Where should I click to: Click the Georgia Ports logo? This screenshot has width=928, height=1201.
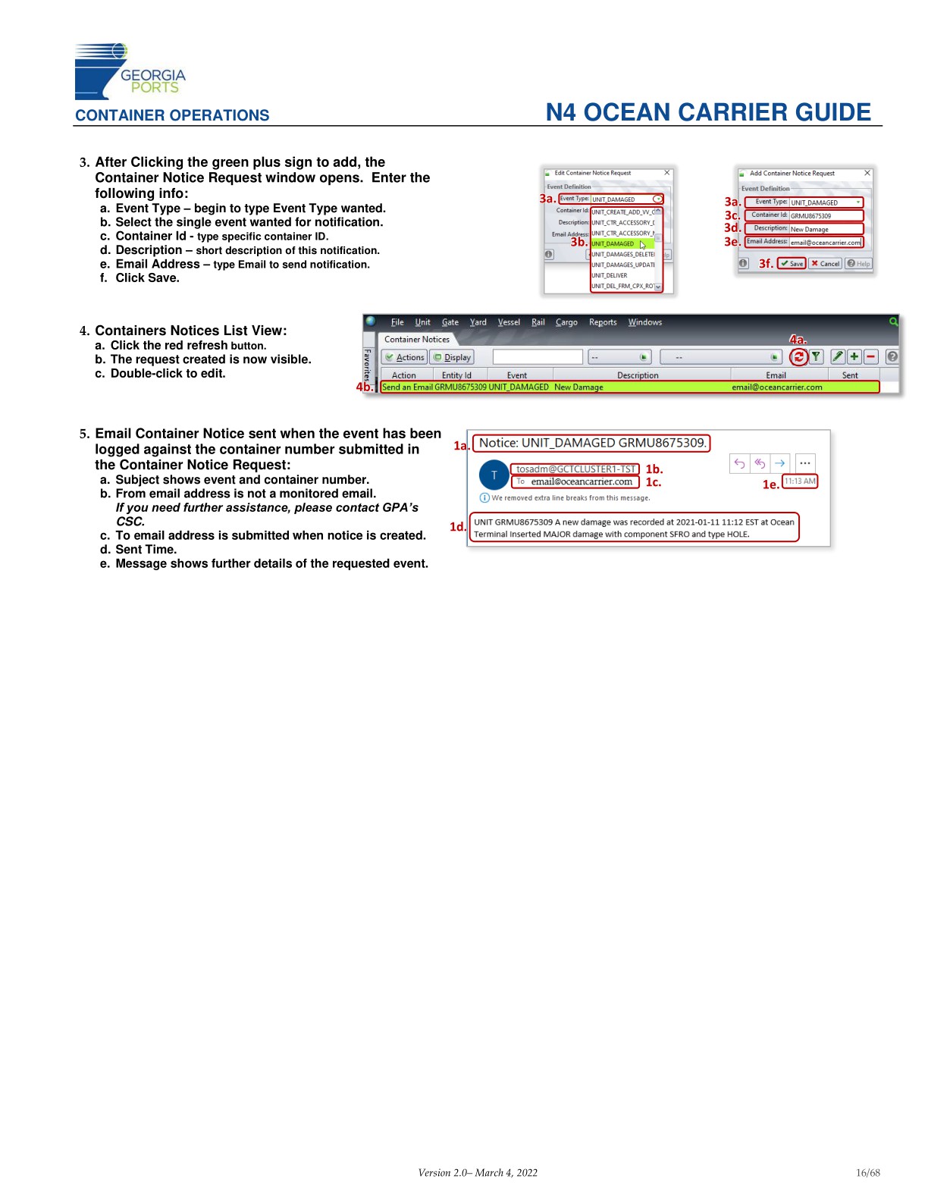[x=129, y=72]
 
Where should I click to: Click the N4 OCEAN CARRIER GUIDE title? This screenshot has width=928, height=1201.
[x=708, y=112]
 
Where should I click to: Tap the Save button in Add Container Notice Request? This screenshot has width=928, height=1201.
[x=792, y=264]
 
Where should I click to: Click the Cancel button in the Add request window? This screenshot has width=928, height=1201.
[x=826, y=264]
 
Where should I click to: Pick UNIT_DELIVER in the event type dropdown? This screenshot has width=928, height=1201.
[x=610, y=276]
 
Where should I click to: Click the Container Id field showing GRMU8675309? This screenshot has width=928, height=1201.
[x=825, y=215]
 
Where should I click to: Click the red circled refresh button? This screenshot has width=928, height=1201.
[x=798, y=356]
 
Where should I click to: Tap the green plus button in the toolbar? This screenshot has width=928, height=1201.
[x=854, y=356]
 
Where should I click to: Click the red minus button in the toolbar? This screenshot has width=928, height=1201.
[x=870, y=356]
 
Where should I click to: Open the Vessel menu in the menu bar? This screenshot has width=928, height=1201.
[x=509, y=322]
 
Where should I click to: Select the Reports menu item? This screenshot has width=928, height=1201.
[x=603, y=322]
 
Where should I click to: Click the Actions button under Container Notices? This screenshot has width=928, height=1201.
[x=405, y=357]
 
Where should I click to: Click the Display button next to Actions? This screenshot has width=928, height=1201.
[x=453, y=357]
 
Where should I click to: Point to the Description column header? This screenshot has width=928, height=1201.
[x=638, y=375]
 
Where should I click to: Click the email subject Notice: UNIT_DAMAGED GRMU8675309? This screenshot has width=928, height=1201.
[x=592, y=443]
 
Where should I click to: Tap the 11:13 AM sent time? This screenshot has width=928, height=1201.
[x=800, y=481]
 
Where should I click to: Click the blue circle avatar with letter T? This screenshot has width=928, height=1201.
[x=494, y=475]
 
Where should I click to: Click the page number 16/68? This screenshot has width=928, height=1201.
[x=867, y=1173]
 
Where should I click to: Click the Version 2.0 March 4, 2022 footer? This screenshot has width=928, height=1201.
[x=478, y=1173]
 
